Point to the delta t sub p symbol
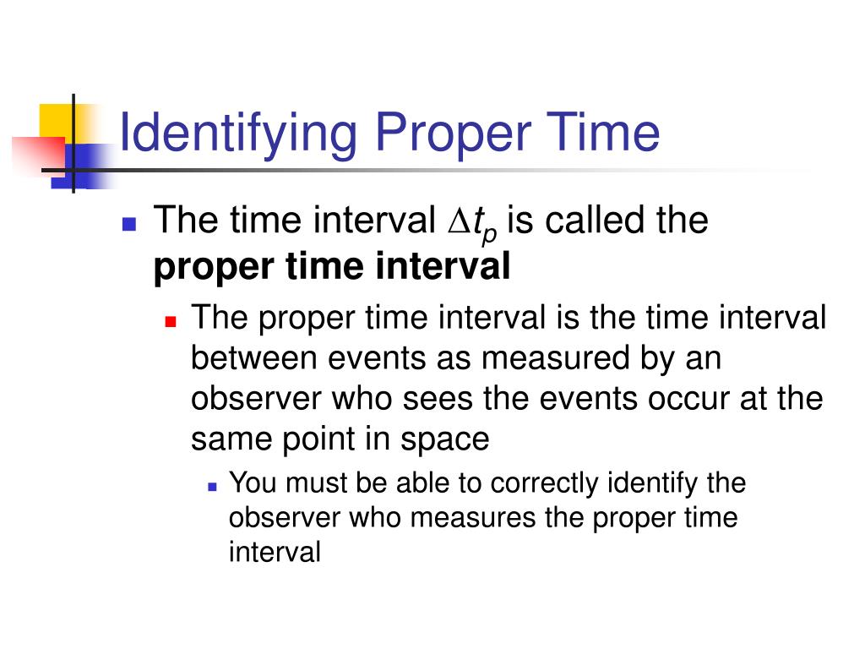click(x=469, y=224)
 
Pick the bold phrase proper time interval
click(x=333, y=268)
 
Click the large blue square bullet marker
click(x=129, y=224)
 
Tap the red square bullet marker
click(x=171, y=322)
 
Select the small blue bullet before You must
click(x=211, y=487)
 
